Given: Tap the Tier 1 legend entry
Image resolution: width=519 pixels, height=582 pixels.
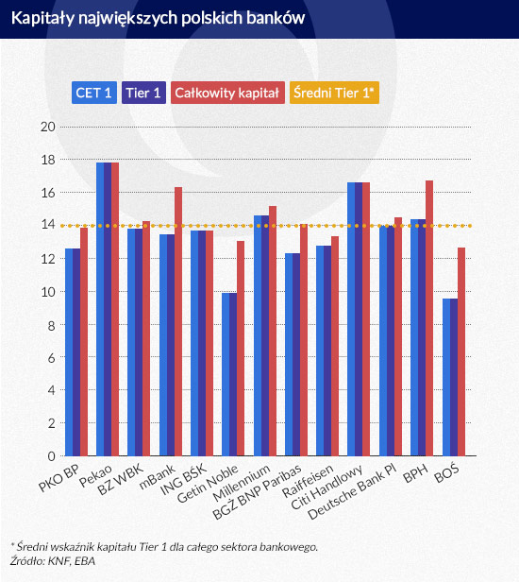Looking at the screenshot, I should (143, 93).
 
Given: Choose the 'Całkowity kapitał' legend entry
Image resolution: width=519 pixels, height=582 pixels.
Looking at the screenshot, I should (226, 93).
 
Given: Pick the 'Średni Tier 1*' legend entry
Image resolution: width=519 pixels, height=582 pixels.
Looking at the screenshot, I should (334, 93).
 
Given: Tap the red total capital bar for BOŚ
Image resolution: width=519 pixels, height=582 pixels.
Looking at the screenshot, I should (460, 351).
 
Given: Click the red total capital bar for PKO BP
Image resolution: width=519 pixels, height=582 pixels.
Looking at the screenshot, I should (84, 342).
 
